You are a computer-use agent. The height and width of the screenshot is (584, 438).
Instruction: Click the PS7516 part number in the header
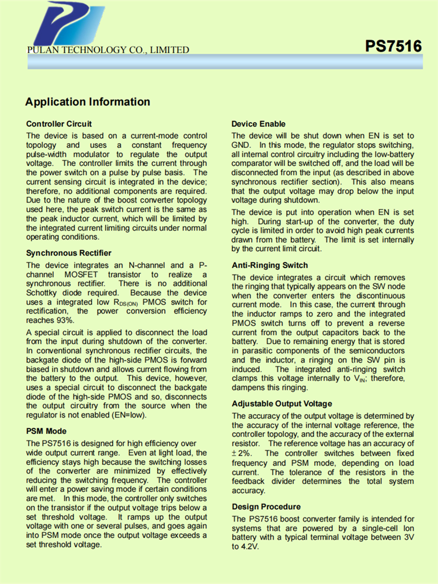pos(393,46)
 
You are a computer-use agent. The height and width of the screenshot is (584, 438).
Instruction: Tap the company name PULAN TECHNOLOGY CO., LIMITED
pos(108,50)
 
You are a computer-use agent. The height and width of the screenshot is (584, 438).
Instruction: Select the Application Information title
pos(88,102)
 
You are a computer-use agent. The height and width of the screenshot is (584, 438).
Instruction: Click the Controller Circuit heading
pos(59,124)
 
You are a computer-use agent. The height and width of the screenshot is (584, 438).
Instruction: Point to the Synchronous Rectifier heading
pos(68,253)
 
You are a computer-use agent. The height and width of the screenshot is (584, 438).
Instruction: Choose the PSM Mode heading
pos(47,432)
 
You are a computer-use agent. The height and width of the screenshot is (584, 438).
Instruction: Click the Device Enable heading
pos(259,124)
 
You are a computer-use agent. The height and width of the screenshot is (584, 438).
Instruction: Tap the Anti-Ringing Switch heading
pos(270,265)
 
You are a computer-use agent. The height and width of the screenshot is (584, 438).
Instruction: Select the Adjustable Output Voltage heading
pos(282,404)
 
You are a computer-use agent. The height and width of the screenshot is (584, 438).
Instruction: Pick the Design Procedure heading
pos(266,506)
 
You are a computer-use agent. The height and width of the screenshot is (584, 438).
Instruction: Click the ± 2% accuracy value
pos(241,453)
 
